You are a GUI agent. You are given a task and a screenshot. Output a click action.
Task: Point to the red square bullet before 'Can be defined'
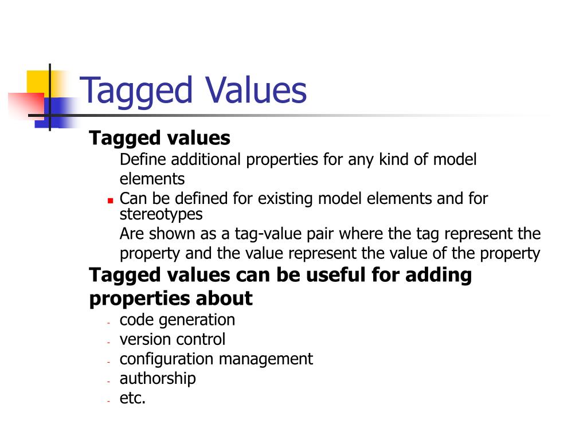tap(110, 201)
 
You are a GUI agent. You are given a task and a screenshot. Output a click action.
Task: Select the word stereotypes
tap(161, 214)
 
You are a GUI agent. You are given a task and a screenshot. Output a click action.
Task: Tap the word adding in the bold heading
tap(439, 276)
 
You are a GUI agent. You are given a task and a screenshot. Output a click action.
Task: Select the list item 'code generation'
tap(177, 320)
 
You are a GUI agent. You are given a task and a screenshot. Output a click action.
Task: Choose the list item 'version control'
tap(172, 339)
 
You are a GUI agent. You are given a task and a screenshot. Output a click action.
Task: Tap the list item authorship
tap(158, 378)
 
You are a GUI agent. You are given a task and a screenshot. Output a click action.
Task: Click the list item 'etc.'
tap(132, 398)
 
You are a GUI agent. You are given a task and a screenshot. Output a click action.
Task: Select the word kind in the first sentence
tap(394, 159)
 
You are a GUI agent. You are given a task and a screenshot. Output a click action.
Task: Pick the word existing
tap(285, 199)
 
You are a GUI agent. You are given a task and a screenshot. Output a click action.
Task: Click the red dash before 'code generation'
tap(108, 322)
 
